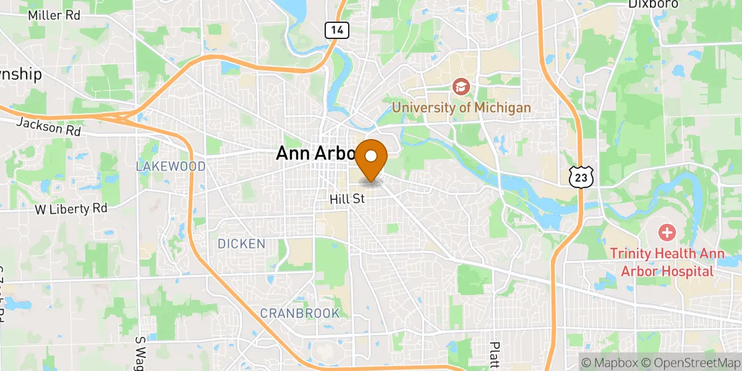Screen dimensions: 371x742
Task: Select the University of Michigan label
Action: point(461,108)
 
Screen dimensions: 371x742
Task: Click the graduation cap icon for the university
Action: point(461,87)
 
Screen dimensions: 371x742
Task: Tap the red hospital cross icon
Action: point(667,233)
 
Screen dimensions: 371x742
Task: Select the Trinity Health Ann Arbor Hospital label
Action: point(662,262)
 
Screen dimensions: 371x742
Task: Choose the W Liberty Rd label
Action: point(71,209)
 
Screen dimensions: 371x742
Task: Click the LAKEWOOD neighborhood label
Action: point(170,167)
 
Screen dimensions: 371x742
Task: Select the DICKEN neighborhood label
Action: point(241,244)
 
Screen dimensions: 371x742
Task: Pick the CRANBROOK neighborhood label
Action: point(300,313)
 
